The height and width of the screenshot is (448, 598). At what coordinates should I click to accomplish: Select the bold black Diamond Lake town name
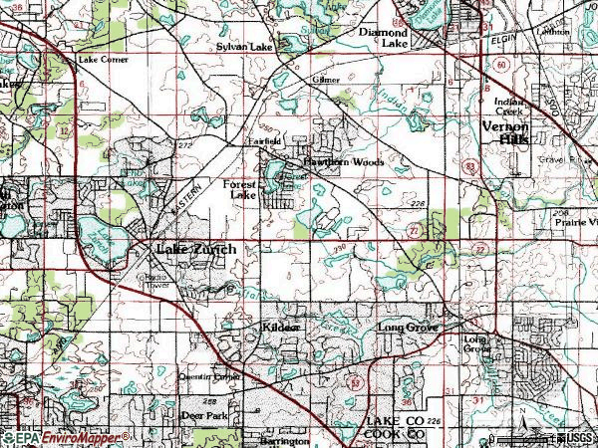[x=384, y=38]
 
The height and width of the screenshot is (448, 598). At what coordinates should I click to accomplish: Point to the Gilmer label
[x=326, y=79]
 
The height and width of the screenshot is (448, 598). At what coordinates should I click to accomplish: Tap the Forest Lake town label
[x=239, y=189]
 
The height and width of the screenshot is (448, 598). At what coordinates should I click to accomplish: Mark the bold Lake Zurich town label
[x=194, y=249]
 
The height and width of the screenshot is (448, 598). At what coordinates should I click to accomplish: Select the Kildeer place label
[x=281, y=327]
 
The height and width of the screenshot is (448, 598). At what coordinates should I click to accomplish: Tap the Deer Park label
[x=206, y=413]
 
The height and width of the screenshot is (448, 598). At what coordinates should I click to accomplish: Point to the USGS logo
[x=575, y=437]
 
